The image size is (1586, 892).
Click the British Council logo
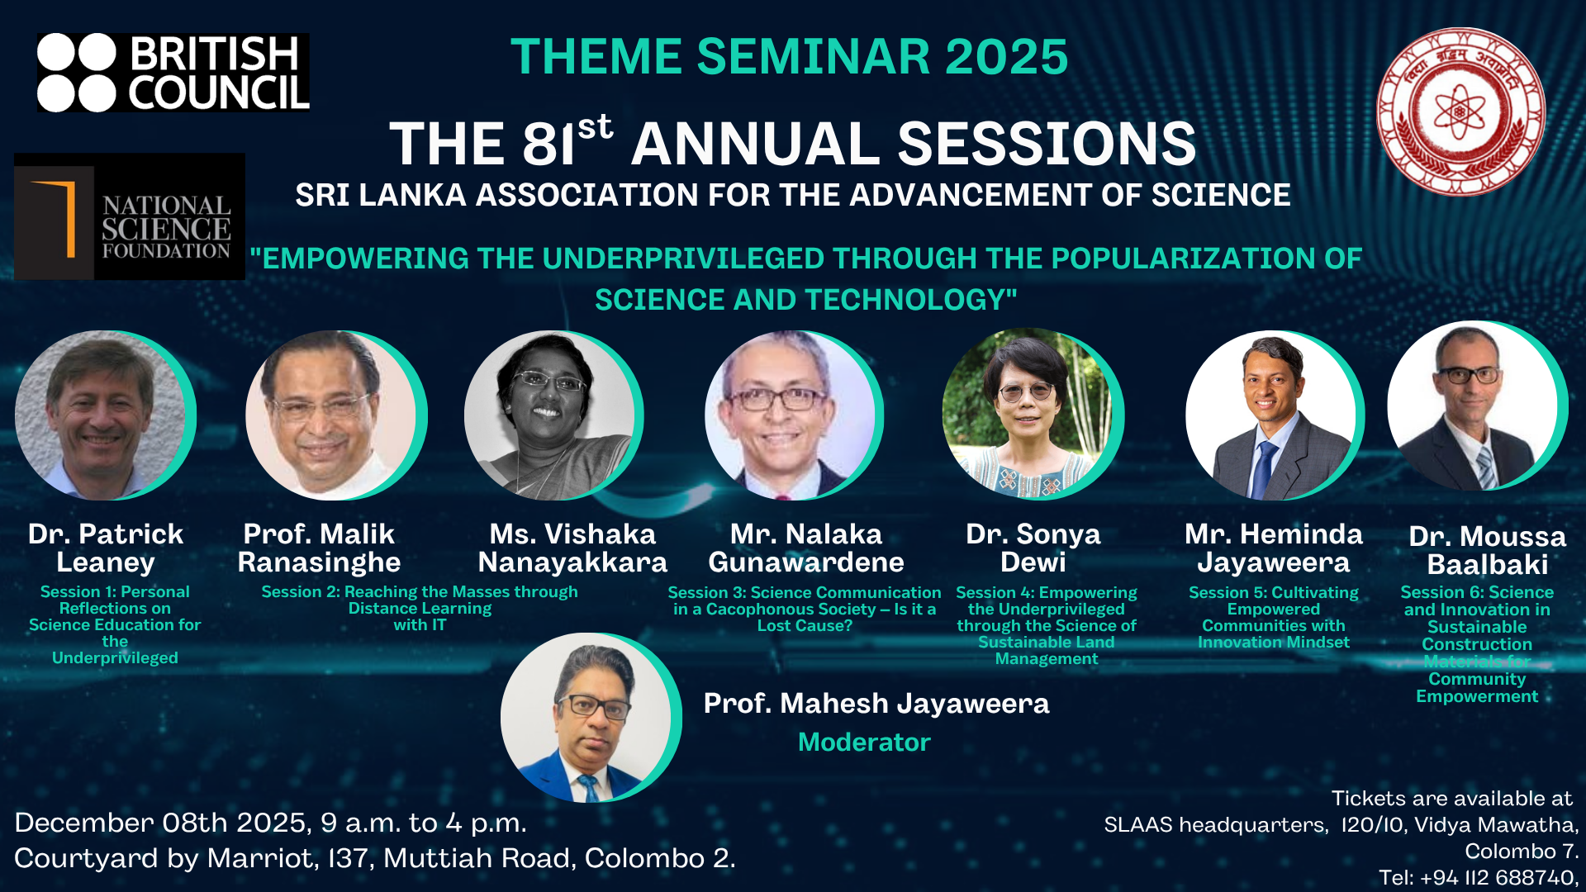pos(173,73)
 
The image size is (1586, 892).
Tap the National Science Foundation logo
pos(130,216)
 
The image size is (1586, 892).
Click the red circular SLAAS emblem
pos(1460,111)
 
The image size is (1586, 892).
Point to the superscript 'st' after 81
pos(595,127)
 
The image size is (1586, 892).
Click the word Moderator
pos(864,742)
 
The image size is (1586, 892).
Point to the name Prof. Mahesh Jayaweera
pos(876,703)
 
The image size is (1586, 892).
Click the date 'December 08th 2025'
pos(162,823)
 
